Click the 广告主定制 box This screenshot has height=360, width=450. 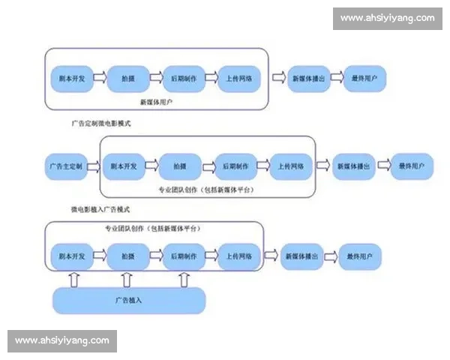pyautogui.click(x=69, y=166)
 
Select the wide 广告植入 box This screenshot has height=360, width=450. pyautogui.click(x=128, y=301)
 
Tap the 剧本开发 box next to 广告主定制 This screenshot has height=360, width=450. pyautogui.click(x=124, y=166)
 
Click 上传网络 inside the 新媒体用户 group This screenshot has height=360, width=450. pyautogui.click(x=240, y=77)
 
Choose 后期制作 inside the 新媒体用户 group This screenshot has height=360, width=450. pyautogui.click(x=183, y=77)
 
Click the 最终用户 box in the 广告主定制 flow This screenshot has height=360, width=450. pyautogui.click(x=412, y=166)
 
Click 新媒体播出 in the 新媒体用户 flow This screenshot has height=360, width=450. pyautogui.click(x=308, y=77)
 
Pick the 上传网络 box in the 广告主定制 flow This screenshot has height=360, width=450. pyautogui.click(x=292, y=166)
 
